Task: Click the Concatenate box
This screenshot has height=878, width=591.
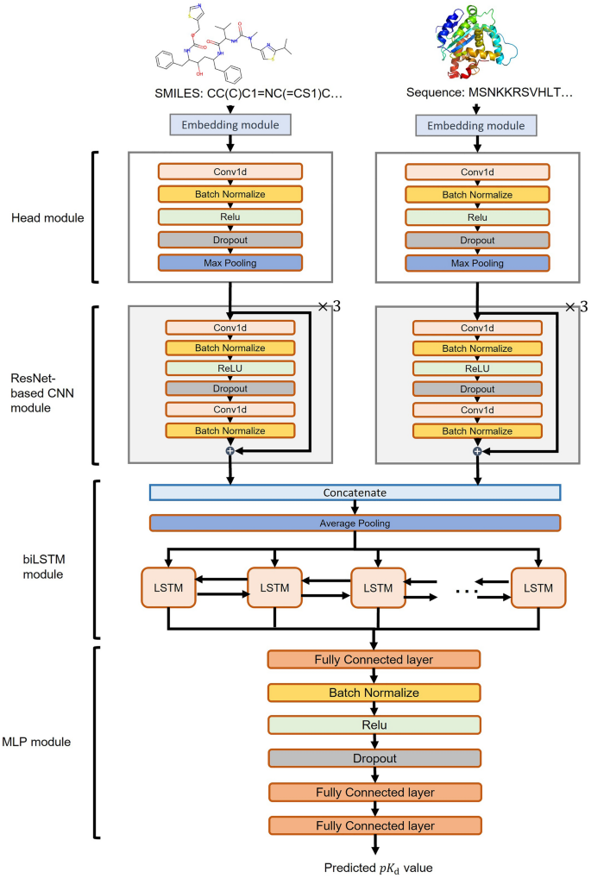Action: tap(355, 492)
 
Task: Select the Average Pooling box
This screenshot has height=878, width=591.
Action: tap(355, 523)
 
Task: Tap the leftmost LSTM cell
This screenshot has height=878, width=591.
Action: tap(168, 588)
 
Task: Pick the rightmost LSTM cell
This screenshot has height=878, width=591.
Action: tap(538, 588)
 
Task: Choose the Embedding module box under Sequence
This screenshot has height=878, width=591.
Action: tap(475, 126)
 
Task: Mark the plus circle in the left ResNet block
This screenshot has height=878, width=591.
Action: tap(229, 450)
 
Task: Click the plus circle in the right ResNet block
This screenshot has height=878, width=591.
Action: tap(477, 450)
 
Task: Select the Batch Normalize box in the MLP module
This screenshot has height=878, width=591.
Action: tap(374, 693)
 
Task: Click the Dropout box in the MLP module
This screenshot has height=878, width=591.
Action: tap(374, 758)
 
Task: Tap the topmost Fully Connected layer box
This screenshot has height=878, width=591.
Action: tap(374, 660)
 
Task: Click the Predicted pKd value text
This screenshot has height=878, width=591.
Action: tap(373, 866)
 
